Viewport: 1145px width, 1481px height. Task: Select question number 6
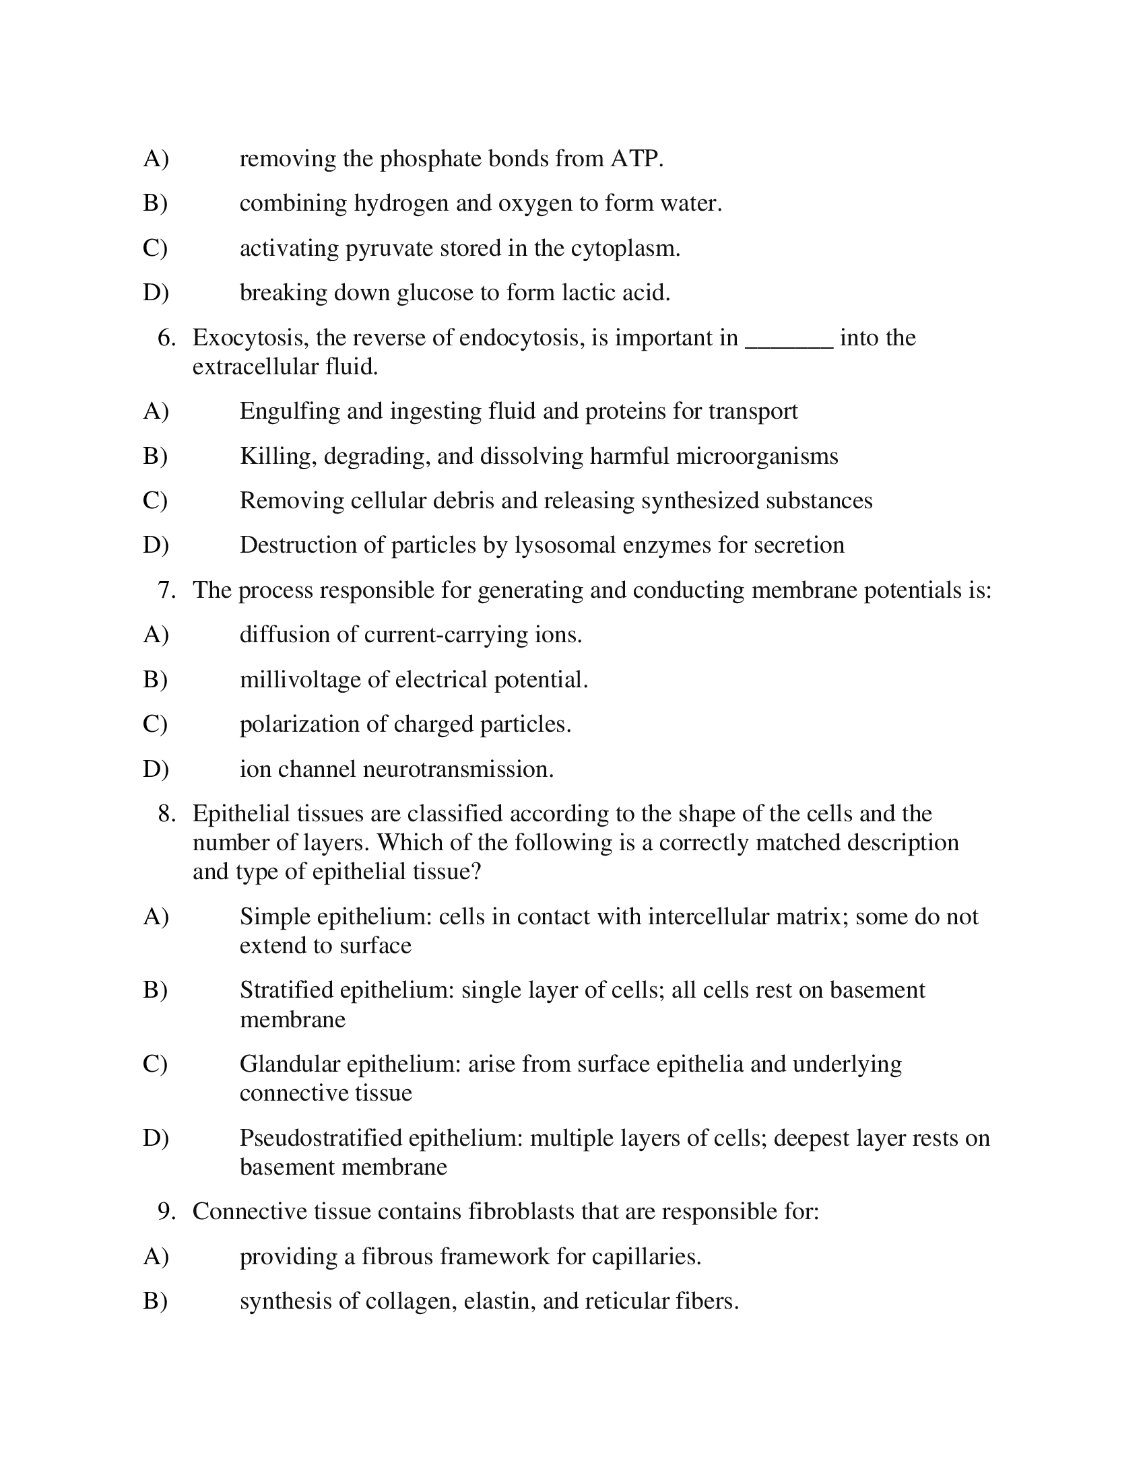166,338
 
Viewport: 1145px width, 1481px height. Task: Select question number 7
166,590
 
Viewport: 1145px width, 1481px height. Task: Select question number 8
166,814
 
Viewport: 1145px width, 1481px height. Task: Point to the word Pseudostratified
321,1138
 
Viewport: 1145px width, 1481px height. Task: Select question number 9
166,1212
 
